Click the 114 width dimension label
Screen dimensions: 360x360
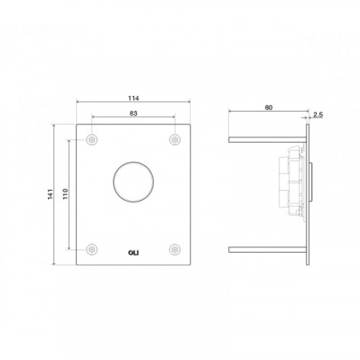pos(133,98)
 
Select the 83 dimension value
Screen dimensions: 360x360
pos(133,113)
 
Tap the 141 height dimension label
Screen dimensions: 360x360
pos(50,194)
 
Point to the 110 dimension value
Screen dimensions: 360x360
pos(66,194)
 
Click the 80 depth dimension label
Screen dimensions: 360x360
pos(269,108)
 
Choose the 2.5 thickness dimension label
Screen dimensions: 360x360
pos(318,114)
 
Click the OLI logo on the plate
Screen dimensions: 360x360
pos(133,253)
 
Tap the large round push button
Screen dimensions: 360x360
pos(133,181)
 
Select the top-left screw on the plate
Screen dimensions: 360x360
pos(92,140)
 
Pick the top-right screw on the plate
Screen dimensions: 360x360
pos(175,140)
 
